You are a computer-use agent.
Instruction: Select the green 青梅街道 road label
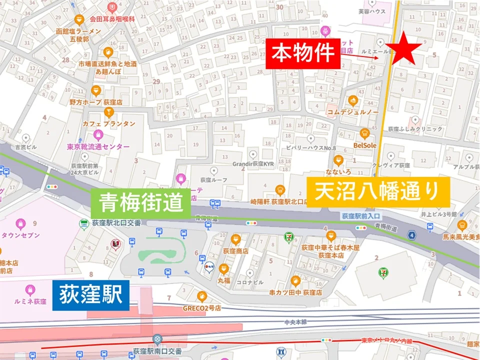tap(140, 203)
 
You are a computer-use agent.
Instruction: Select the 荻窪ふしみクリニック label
tap(417, 129)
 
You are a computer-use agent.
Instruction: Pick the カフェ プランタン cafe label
tap(109, 123)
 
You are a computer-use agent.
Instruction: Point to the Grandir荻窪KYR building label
tap(252, 163)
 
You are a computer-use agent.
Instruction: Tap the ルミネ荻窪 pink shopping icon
tap(30, 289)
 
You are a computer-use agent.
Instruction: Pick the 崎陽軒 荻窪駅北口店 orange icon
tap(280, 189)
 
